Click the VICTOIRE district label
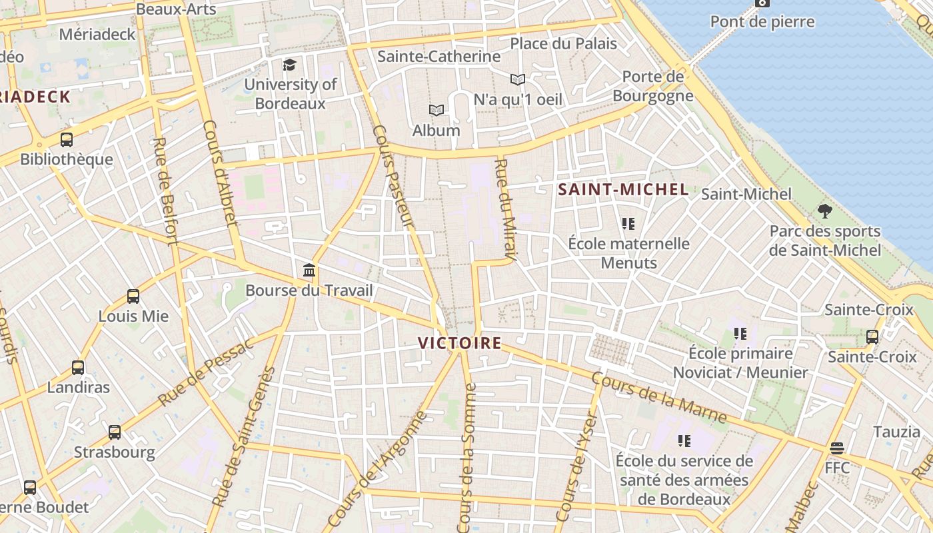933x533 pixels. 459,343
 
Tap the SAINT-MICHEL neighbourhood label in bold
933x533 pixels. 623,190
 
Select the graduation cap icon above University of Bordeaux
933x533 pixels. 289,65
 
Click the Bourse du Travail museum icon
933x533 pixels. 309,270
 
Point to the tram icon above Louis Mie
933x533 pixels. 133,296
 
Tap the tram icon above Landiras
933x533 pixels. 78,367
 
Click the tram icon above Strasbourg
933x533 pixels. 115,432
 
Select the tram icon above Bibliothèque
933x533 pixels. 67,140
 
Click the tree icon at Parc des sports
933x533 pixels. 825,212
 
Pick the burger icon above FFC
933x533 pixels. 837,448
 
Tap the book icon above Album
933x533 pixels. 436,110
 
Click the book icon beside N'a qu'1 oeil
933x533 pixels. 518,80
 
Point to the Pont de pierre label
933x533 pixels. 762,22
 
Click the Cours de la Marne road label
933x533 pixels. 658,398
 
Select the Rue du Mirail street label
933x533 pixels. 507,209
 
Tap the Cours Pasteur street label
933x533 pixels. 394,177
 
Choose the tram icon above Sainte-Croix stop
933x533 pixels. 872,337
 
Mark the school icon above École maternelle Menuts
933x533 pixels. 628,224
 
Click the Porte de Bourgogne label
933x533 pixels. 652,86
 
